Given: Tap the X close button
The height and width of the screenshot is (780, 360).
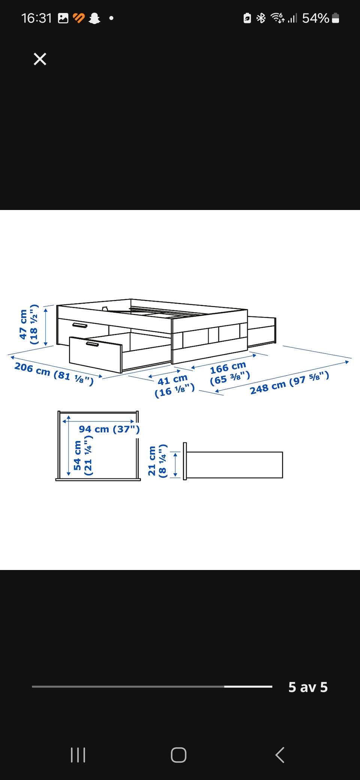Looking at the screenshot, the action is tap(40, 59).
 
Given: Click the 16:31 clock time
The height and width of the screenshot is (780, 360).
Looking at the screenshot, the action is tap(36, 18).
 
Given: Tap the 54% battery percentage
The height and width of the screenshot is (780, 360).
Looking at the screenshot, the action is tap(316, 18).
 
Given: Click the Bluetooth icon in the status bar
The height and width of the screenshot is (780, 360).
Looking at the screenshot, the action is tap(261, 18).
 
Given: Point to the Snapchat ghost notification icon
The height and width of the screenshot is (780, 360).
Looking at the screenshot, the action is tap(94, 18).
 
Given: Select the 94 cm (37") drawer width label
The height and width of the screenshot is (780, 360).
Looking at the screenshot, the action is tap(109, 429).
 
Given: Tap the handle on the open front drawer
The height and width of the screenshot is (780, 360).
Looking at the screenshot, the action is tap(93, 344).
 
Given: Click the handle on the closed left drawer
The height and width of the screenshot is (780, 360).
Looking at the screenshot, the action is tap(80, 325).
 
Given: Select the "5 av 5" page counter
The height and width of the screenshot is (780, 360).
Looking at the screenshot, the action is tap(308, 687).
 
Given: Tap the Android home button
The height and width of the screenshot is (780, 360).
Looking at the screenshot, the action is tap(178, 755).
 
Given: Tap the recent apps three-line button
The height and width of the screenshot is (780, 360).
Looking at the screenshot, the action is tap(78, 755).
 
